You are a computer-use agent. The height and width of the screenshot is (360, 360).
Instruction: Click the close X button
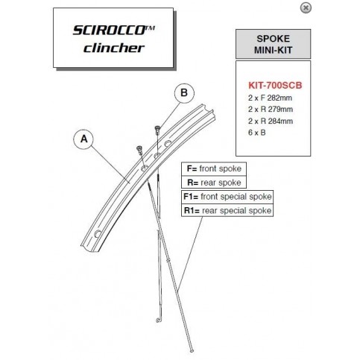306,8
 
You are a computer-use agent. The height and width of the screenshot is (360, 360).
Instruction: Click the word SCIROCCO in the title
109,31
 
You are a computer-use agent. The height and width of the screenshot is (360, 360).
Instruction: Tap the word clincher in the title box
114,48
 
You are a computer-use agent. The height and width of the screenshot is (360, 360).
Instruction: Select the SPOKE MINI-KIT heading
273,44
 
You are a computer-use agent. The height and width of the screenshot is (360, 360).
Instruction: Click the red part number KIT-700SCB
275,85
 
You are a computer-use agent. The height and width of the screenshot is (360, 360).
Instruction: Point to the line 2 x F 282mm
270,98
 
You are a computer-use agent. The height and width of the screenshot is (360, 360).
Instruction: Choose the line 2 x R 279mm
271,109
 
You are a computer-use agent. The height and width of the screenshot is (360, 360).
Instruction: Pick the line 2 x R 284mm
271,121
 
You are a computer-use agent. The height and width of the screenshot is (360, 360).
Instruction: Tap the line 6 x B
256,133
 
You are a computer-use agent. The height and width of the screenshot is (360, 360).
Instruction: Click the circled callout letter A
84,139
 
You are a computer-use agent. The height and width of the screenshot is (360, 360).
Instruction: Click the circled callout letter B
184,92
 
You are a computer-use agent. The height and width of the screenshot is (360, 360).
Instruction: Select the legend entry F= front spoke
214,168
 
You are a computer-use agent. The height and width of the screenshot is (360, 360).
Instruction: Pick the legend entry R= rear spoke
214,183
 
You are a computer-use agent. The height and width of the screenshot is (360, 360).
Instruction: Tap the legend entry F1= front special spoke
227,197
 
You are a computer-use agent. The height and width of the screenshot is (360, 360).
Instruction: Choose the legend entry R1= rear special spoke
227,211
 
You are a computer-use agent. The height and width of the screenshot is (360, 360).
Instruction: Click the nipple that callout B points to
157,130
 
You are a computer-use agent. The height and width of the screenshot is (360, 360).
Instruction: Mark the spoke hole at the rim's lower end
98,234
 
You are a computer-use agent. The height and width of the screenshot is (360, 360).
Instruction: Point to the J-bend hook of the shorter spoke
158,320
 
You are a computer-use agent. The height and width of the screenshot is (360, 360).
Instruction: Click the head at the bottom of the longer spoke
192,351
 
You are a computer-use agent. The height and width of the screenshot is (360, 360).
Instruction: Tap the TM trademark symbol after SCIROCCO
150,28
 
